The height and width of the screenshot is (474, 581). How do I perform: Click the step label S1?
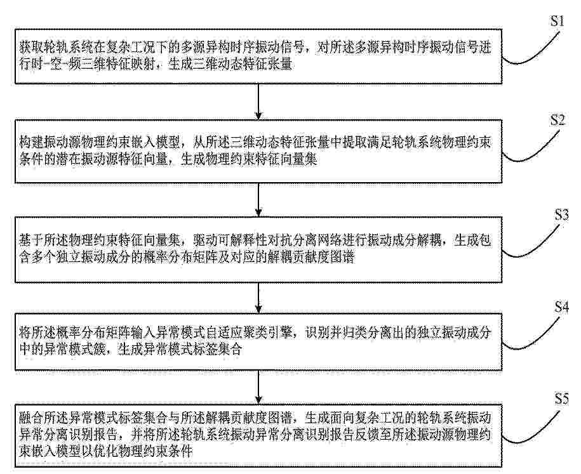[557, 21]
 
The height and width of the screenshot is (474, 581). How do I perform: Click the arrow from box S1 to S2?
[258, 102]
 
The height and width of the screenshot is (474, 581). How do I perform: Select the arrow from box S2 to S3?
[258, 200]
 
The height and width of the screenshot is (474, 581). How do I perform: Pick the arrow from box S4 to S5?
[258, 387]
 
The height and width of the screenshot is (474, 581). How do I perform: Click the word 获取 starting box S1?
[31, 48]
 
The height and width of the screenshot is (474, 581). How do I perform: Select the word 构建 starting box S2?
[31, 143]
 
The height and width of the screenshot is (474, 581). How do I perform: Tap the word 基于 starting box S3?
[31, 240]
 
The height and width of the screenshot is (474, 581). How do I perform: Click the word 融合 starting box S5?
[31, 418]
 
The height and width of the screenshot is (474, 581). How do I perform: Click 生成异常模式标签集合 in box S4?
[180, 349]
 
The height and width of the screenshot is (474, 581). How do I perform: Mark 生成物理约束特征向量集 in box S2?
[249, 160]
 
